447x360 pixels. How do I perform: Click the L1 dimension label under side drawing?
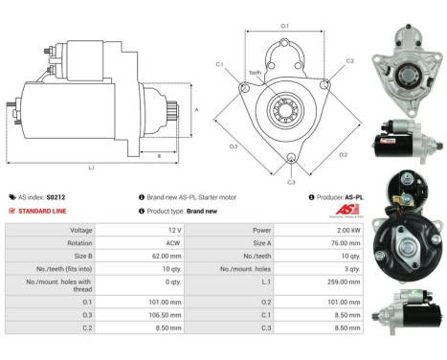(x=91, y=168)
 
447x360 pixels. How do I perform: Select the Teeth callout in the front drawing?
(x=254, y=72)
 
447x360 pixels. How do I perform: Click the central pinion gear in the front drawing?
(x=284, y=106)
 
